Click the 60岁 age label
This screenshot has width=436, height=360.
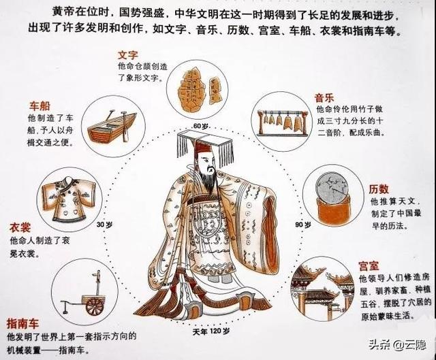click(x=199, y=127)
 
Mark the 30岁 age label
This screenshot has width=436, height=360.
click(x=104, y=225)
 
